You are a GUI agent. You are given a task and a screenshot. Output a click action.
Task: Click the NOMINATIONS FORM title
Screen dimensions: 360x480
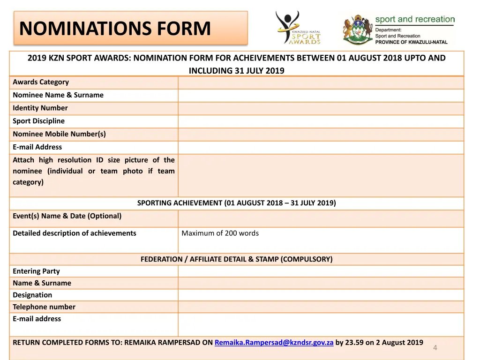click(115, 28)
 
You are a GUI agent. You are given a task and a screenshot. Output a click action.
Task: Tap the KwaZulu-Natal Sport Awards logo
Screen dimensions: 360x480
click(298, 28)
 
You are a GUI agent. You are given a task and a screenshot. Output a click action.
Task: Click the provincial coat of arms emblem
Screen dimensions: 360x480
click(357, 30)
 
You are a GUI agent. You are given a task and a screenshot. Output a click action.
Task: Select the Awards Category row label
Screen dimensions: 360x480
click(41, 82)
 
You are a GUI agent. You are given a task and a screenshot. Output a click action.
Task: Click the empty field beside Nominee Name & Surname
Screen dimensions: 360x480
click(321, 95)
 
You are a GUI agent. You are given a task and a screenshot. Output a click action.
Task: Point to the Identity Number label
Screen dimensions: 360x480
click(40, 108)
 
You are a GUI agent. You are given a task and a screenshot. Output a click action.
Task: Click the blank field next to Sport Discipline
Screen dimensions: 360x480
click(321, 121)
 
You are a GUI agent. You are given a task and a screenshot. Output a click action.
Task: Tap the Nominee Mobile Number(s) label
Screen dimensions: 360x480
click(59, 134)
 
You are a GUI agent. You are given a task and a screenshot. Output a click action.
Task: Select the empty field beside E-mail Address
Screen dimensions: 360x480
click(321, 147)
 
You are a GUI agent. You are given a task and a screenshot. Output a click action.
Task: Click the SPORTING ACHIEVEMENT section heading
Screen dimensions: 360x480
click(236, 203)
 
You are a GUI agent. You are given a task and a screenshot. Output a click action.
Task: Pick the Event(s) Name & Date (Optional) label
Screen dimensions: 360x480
click(67, 216)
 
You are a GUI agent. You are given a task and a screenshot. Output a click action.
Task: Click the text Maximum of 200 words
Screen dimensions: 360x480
click(220, 233)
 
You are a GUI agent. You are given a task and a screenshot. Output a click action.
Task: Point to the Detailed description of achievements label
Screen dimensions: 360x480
click(75, 233)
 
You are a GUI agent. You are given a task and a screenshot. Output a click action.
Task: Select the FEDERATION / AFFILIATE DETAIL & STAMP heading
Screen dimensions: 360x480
click(236, 259)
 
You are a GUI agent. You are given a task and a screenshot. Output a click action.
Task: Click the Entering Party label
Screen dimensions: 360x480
click(36, 271)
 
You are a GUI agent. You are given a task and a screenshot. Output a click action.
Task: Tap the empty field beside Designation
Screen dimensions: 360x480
click(321, 295)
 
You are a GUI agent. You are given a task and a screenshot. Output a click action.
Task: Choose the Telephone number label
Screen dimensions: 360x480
click(44, 307)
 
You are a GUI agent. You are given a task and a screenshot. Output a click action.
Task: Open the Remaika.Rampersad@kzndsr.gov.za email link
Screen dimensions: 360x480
click(274, 343)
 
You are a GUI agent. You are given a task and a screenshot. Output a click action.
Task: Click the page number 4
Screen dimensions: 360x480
click(435, 347)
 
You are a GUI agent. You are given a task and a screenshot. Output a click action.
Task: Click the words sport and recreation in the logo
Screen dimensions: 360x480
click(415, 19)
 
